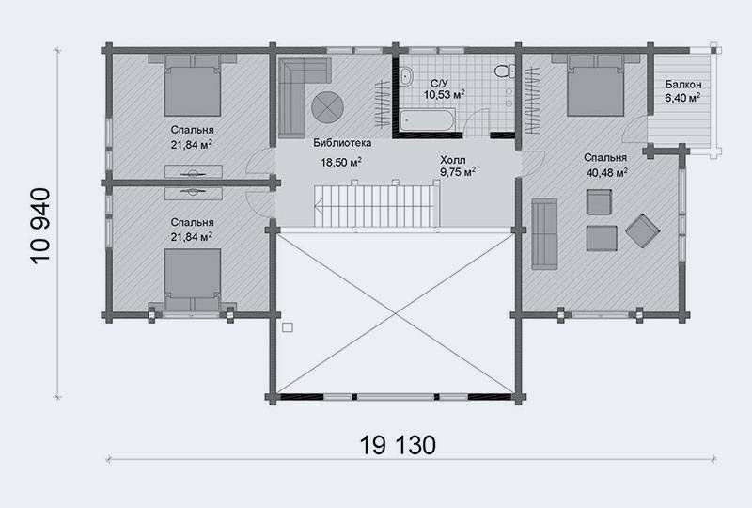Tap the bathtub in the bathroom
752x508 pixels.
coord(428,119)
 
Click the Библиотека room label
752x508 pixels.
coord(342,143)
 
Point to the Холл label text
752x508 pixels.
coord(453,159)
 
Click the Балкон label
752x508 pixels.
coord(683,85)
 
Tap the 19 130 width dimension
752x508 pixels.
coord(398,445)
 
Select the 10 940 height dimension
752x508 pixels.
coord(40,226)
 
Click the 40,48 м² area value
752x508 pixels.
coord(606,172)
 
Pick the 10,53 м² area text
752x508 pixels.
coord(444,94)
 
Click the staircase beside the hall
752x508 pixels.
coord(377,206)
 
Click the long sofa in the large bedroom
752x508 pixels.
coord(544,234)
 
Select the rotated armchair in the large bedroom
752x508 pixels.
coord(643,231)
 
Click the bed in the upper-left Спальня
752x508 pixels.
coord(193,85)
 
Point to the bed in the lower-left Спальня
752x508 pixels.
coord(193,280)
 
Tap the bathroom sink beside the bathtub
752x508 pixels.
coord(406,76)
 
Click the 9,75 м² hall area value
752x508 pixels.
coord(458,172)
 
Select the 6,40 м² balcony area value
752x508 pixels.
coord(682,98)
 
